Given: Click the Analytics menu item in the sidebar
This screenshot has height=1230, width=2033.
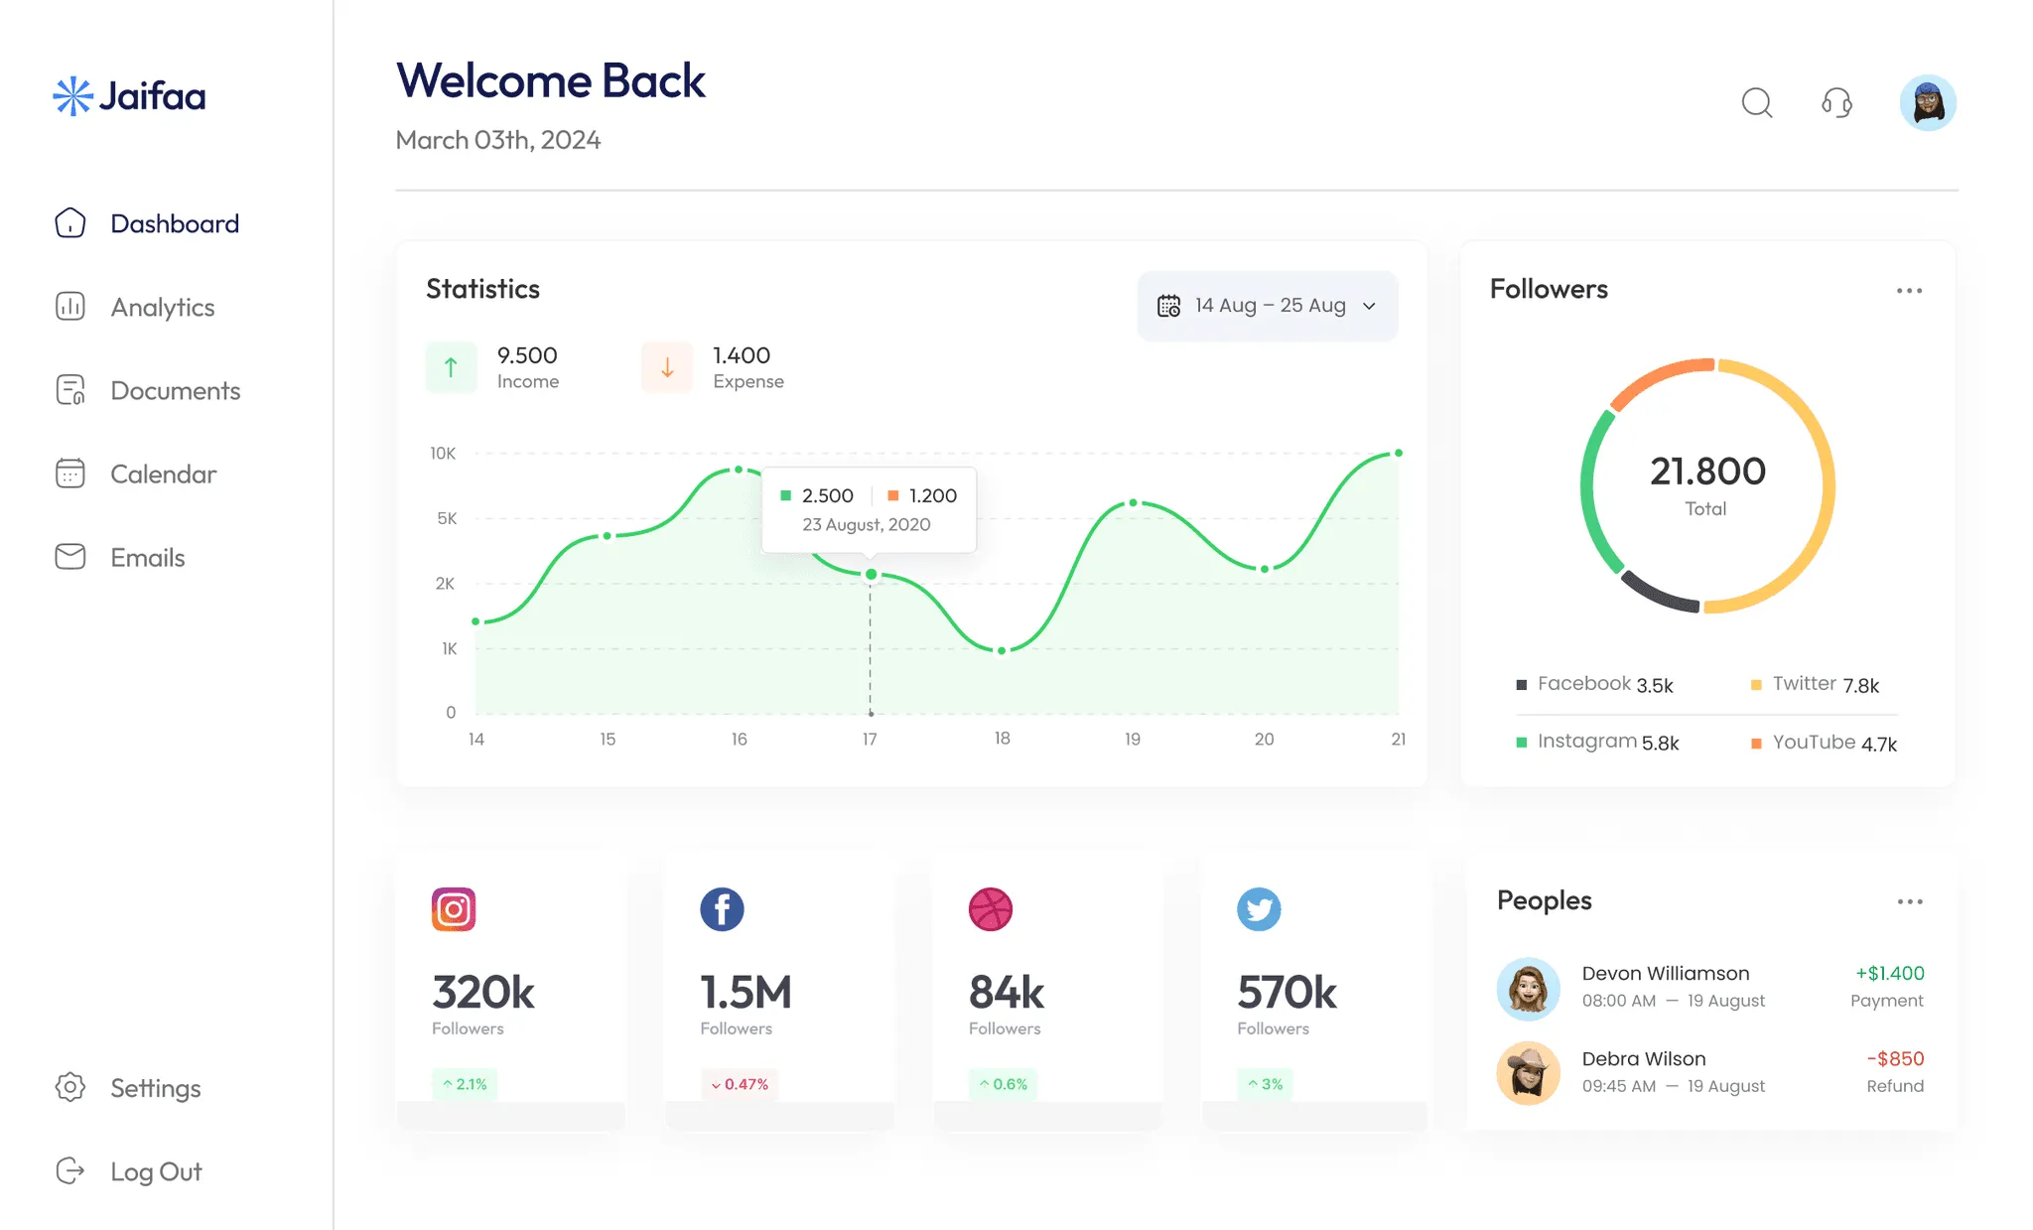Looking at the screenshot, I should (162, 308).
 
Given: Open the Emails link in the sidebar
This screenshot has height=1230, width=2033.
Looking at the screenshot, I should (147, 558).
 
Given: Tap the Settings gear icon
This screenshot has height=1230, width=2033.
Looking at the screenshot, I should (70, 1087).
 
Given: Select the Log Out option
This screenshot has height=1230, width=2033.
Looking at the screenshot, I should (155, 1171).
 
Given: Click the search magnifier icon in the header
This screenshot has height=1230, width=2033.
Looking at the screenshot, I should (1757, 102).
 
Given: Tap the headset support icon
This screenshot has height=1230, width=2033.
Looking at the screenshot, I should (1836, 102).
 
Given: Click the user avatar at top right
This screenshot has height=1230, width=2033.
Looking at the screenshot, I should (1928, 102).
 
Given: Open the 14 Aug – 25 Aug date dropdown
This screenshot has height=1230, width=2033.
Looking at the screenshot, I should (1268, 306).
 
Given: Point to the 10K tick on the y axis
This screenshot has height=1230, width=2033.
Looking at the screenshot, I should (443, 454).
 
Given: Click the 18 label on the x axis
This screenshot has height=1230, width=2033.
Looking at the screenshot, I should (1002, 739).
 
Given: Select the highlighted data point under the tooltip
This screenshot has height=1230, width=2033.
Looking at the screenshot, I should (871, 575).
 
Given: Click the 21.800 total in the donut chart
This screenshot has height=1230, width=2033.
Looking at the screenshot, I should (1707, 472).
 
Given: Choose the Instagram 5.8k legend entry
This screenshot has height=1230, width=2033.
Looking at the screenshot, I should (1598, 742).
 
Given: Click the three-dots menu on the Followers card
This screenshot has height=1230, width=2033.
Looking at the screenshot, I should (1909, 291).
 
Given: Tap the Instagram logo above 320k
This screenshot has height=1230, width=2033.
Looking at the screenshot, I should (454, 909).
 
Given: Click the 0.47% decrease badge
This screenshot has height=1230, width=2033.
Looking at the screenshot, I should (740, 1084).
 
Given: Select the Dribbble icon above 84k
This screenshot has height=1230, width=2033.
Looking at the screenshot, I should (990, 909).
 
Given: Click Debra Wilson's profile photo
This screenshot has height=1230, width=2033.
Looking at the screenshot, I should (1528, 1073).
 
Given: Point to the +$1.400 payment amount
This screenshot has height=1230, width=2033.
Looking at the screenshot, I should (1889, 974).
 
